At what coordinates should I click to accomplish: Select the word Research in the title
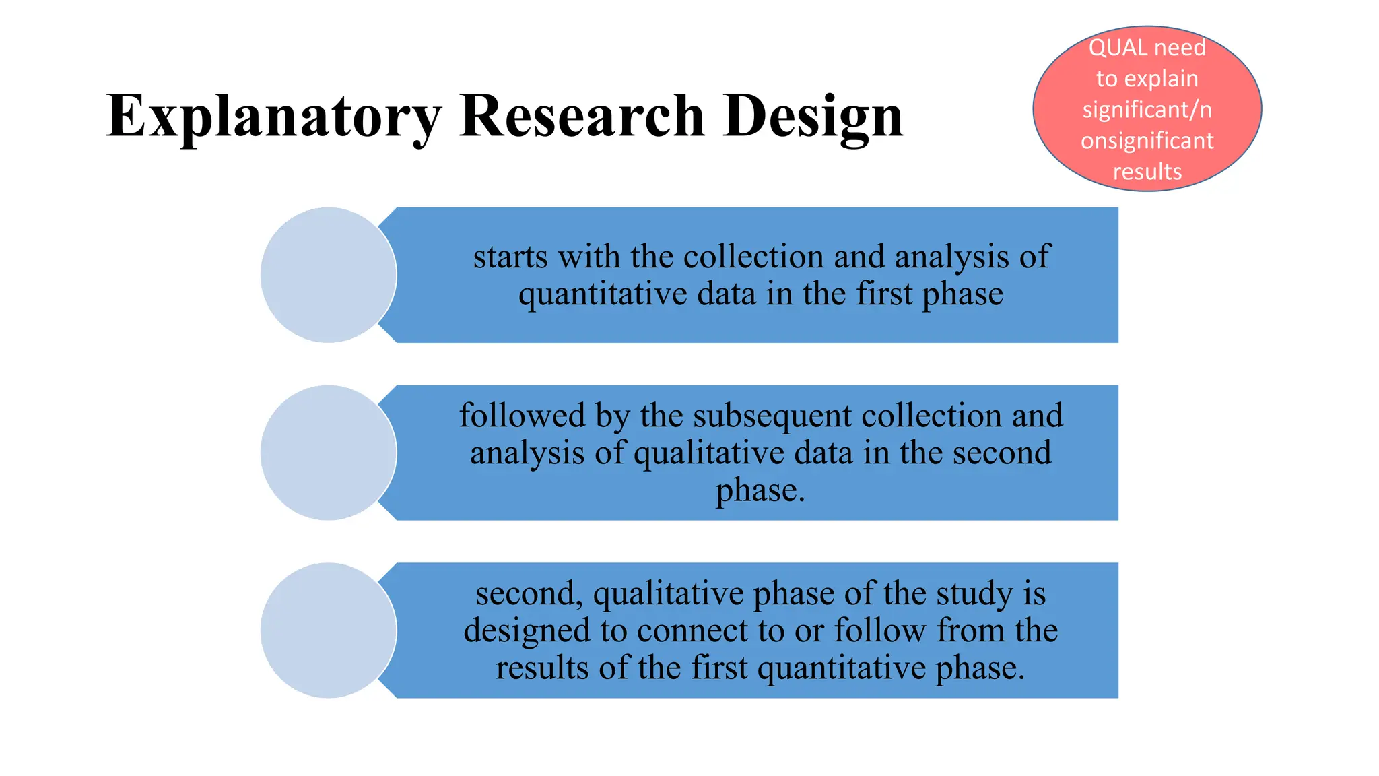(582, 116)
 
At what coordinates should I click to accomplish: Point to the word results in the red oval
(1147, 172)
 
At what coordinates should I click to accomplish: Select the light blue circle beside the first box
(329, 275)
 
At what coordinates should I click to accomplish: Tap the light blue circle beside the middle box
(329, 453)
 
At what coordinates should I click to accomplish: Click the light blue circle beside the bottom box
(329, 630)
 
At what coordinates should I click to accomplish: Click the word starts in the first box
(510, 257)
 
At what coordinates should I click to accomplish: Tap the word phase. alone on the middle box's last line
(760, 490)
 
